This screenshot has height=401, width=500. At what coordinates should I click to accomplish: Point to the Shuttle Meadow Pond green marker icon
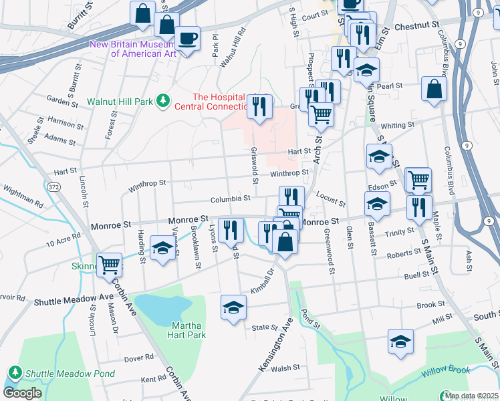click(14, 372)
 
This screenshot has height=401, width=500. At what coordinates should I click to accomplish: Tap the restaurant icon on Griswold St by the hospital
click(259, 106)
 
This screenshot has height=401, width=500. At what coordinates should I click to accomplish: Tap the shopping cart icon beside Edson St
click(418, 178)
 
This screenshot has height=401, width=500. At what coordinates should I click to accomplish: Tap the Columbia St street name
click(230, 198)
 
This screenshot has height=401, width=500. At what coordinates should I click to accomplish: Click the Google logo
click(22, 393)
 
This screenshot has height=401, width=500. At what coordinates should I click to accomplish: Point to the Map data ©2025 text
click(471, 396)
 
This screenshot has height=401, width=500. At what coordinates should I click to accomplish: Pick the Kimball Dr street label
click(262, 279)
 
